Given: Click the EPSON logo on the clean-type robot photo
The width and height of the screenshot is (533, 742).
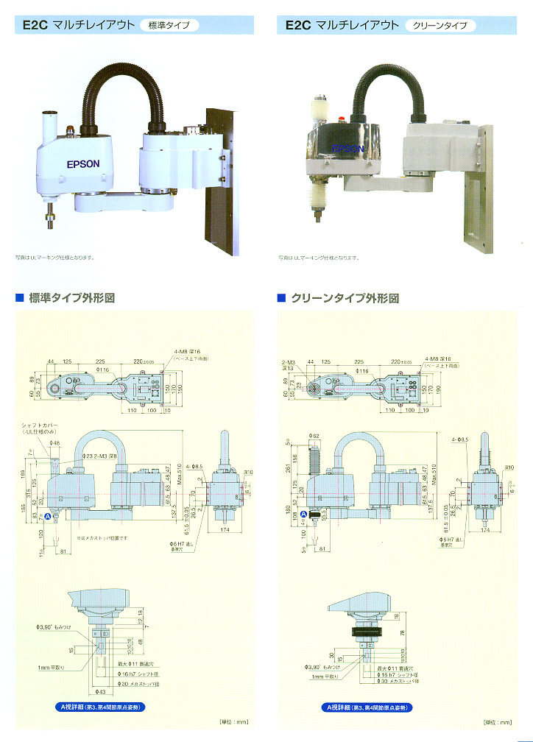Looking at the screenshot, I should click(347, 148).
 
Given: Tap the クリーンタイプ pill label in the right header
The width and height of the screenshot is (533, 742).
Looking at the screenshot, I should click(440, 25).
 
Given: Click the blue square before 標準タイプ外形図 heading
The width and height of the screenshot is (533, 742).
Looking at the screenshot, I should click(20, 298).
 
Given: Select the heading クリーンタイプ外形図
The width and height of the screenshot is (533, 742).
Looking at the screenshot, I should click(345, 298).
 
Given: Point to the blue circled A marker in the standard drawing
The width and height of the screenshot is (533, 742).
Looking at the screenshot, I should click(49, 517).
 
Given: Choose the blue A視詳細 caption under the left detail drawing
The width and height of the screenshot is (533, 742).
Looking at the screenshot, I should click(101, 707).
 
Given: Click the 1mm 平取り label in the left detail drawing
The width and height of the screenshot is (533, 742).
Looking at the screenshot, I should click(53, 667).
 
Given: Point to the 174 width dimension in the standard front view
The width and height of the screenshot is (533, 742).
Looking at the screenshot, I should click(225, 530).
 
